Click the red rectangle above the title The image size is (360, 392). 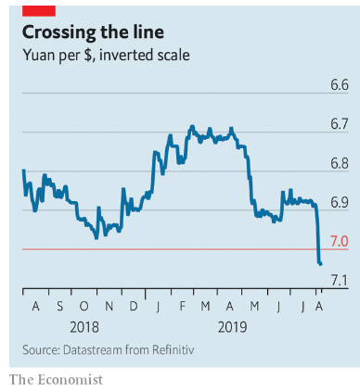pos(39,11)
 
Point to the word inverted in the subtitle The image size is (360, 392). pos(126,55)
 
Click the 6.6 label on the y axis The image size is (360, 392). pos(340,85)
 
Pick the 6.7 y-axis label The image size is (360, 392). pos(340,124)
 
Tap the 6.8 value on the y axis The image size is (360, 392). pos(340,163)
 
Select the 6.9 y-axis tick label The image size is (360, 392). pos(340,202)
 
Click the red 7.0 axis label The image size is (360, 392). pos(340,241)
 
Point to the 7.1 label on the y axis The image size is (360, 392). pos(340,281)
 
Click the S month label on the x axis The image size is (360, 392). pos(59,306)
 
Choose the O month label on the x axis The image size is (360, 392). pos(84,306)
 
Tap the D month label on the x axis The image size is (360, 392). pos(134,306)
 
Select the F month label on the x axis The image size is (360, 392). pos(183,306)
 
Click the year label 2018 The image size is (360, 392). pos(84,327)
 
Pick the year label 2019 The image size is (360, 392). pos(233,327)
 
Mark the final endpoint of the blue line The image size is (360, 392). pos(321,264)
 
